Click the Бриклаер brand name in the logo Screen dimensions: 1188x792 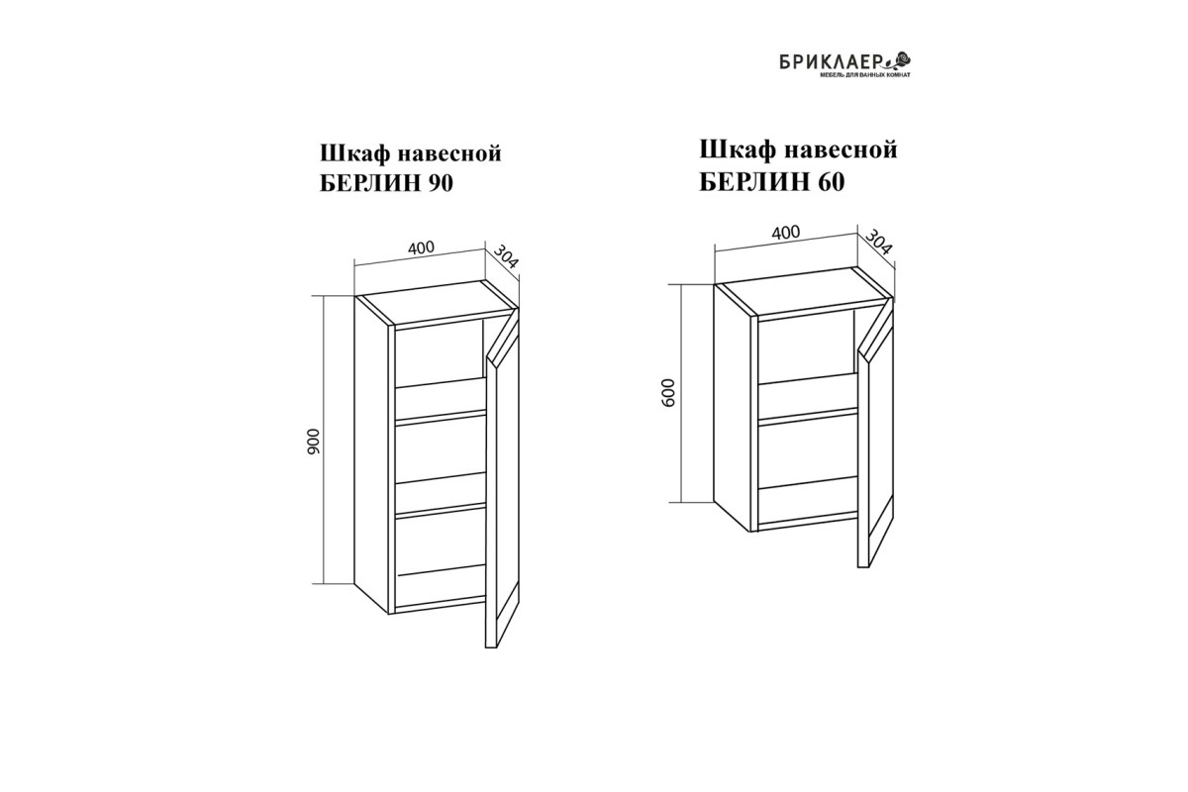[x=831, y=63]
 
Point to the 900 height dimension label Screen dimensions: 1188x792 [x=314, y=442]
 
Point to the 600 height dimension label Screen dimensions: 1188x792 [x=669, y=393]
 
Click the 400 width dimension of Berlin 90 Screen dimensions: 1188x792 [x=421, y=247]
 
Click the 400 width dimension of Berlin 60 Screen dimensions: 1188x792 [x=785, y=233]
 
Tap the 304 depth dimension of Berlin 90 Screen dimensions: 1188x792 [x=506, y=256]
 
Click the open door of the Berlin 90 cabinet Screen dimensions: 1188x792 [x=502, y=477]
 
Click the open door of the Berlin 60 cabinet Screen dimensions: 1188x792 [x=875, y=433]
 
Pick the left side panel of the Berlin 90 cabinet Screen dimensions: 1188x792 [x=372, y=455]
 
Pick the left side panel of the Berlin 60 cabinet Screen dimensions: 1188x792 [x=733, y=409]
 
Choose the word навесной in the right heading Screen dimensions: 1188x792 [x=841, y=149]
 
